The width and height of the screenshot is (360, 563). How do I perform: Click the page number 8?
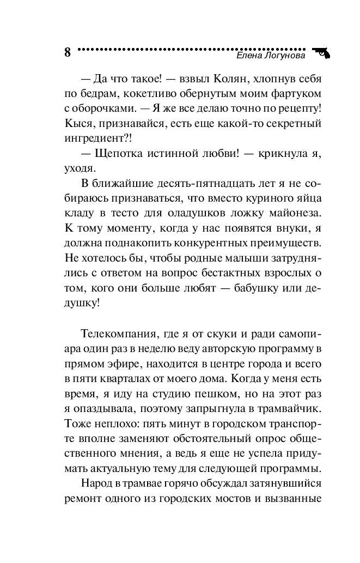point(68,52)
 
